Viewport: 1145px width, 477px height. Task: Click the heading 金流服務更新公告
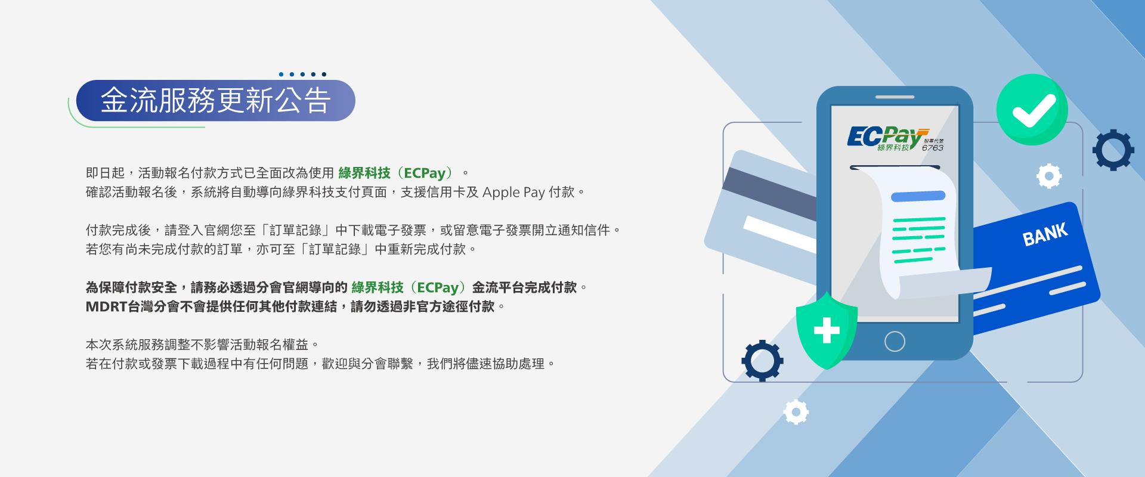(215, 100)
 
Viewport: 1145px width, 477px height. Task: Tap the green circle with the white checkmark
(1031, 109)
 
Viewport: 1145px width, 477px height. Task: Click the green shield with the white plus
(827, 331)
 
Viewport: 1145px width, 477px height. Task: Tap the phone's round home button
(895, 342)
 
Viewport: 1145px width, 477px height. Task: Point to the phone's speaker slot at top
(895, 97)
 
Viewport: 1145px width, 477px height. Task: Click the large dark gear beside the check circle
(1113, 150)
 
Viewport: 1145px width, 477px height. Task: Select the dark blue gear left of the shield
(762, 360)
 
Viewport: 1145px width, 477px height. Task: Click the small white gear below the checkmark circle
(1049, 176)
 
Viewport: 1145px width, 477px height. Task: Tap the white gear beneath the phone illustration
(796, 411)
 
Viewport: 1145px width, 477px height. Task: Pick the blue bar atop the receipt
(918, 196)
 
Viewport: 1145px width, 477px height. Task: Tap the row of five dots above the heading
(302, 75)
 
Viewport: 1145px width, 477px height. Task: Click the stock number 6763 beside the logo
(932, 147)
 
